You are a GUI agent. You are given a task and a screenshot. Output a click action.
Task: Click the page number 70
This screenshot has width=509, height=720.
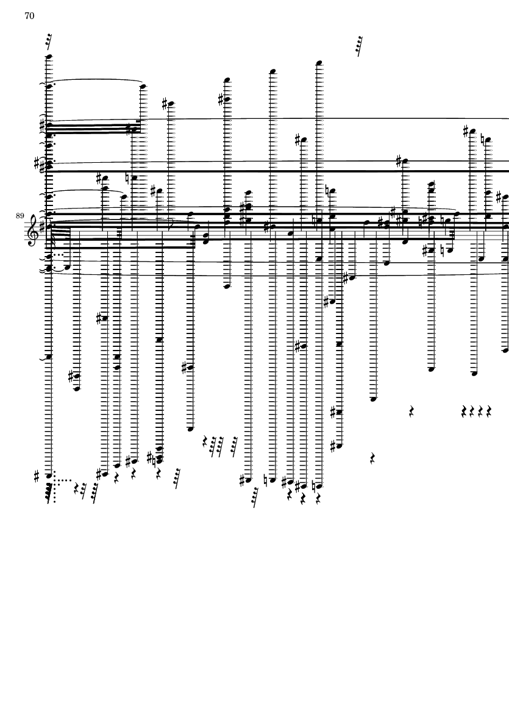coord(29,16)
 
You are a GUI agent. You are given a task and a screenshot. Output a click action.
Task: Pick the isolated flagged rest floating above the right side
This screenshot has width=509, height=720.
coord(359,46)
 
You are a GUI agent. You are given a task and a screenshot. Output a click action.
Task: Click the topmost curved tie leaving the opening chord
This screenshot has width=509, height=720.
coord(95,80)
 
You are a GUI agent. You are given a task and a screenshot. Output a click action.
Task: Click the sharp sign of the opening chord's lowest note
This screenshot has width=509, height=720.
coord(37,475)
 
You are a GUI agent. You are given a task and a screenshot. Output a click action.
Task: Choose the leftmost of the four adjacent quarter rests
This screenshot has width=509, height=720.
coord(464,412)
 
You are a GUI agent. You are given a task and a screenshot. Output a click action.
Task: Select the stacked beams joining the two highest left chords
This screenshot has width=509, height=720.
coord(91,128)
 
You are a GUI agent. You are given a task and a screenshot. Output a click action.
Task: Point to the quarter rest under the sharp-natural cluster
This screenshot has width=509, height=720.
coord(159,473)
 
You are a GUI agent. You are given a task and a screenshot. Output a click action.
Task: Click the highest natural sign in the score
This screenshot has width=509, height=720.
coord(482,139)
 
